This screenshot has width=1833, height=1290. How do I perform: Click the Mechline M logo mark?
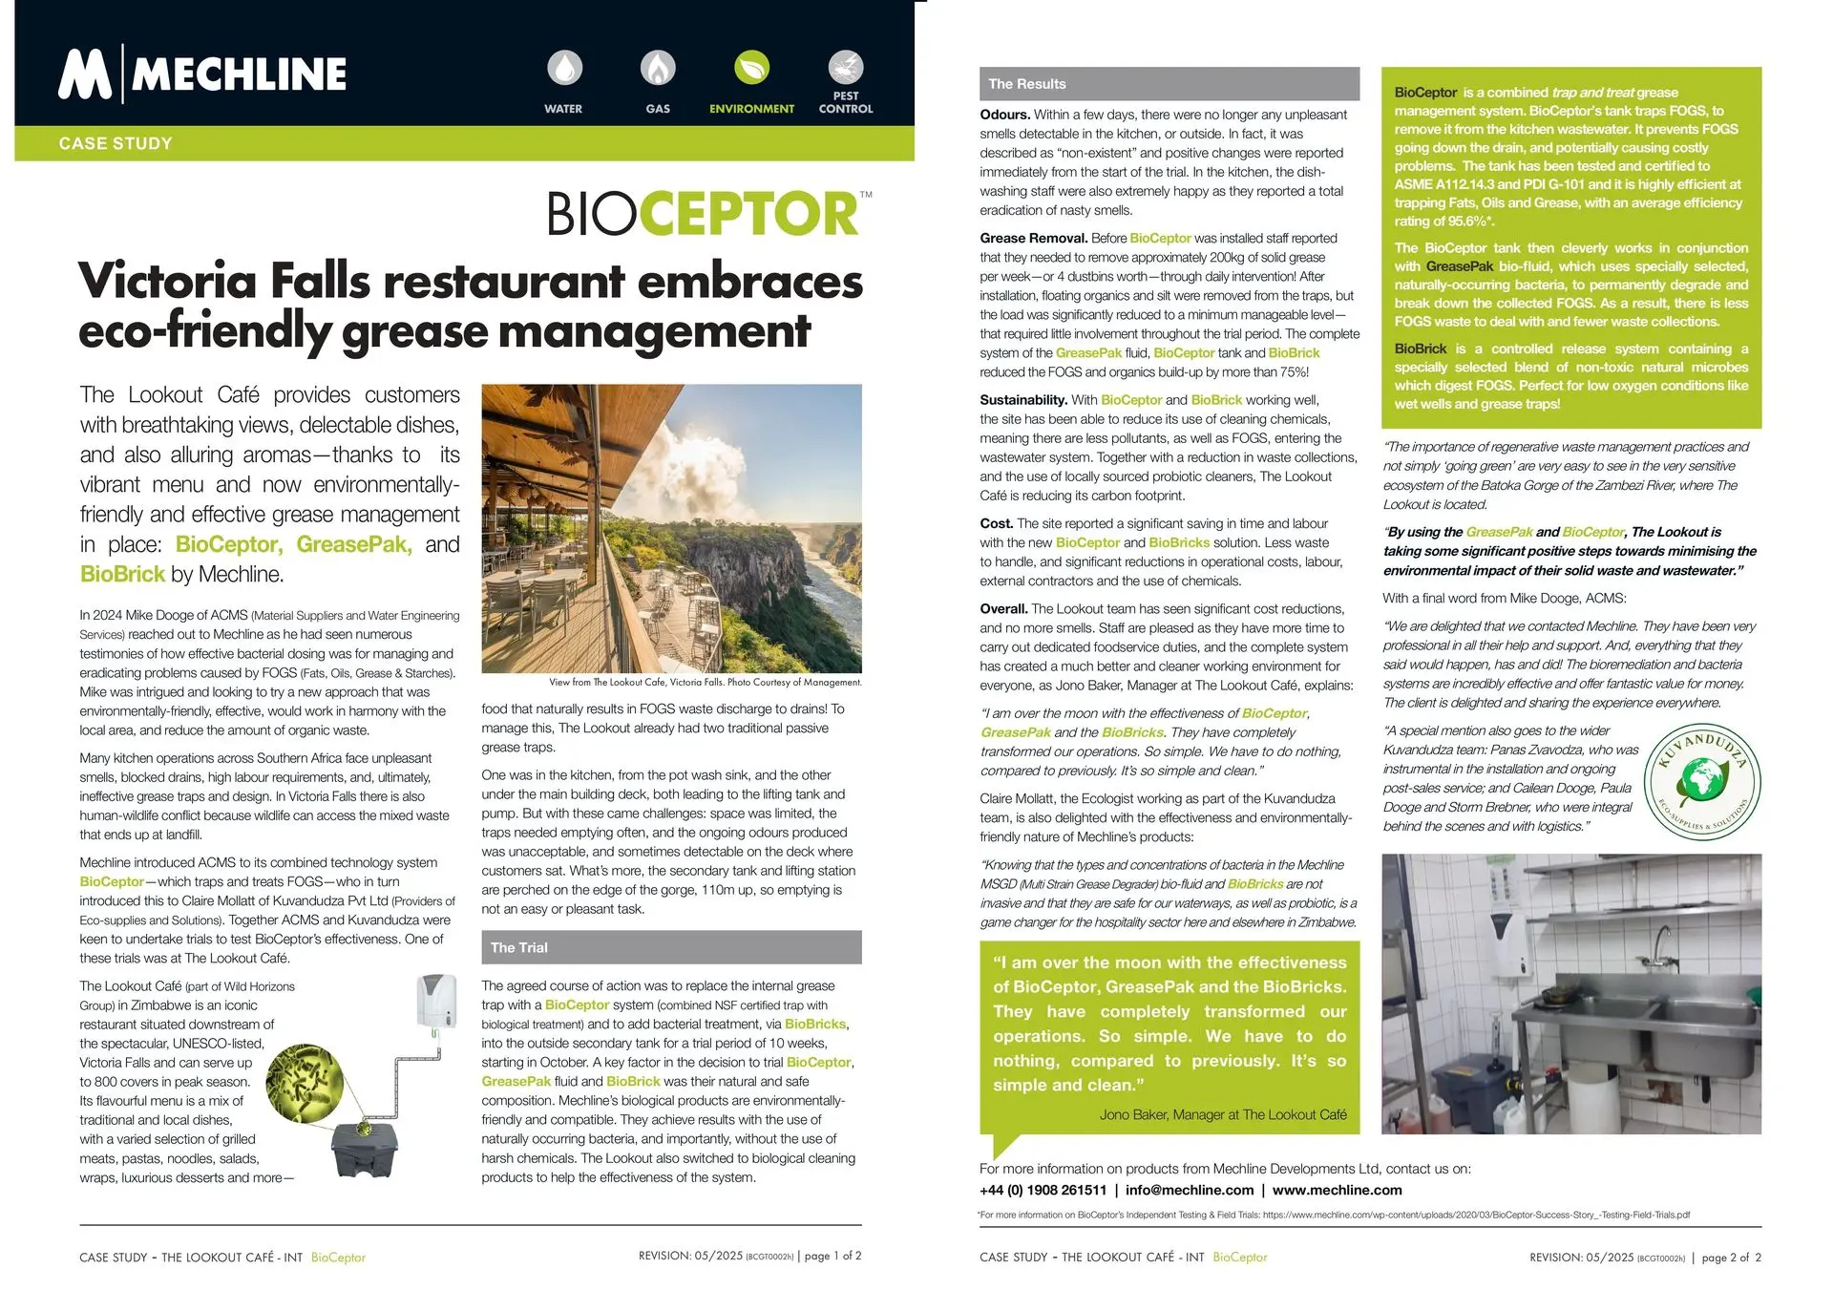point(85,74)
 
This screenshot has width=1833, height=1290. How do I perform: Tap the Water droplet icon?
point(564,68)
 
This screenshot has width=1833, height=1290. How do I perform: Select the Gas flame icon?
point(657,68)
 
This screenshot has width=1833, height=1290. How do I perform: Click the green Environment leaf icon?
point(751,68)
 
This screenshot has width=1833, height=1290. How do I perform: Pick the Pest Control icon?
point(845,68)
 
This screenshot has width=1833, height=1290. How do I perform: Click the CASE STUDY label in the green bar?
point(116,143)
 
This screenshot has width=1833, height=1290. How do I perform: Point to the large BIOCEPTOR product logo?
point(707,214)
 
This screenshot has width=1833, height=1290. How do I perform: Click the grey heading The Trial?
point(519,947)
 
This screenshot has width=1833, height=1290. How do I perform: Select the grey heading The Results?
point(1027,84)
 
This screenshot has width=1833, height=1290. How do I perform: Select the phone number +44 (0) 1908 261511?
point(1043,1190)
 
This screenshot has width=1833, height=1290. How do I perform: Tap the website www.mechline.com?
point(1337,1190)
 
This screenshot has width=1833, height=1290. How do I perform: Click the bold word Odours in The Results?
point(1004,115)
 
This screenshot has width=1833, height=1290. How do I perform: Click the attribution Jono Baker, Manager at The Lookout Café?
point(1223,1114)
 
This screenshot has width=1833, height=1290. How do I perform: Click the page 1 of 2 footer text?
point(832,1256)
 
